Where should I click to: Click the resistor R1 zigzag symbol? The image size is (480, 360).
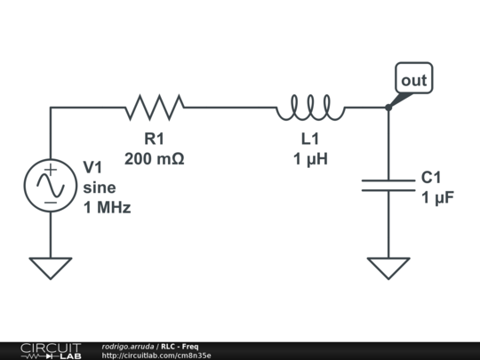click(155, 108)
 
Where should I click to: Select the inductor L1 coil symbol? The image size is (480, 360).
click(310, 108)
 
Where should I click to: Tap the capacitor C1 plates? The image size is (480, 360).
click(388, 185)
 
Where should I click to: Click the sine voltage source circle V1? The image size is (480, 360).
click(51, 186)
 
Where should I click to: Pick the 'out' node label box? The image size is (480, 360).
click(414, 79)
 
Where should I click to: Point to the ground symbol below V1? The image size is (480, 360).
click(51, 267)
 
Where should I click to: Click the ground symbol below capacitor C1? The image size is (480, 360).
click(388, 267)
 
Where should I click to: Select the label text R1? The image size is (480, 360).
click(155, 140)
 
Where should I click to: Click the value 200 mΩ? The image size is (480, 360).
click(155, 159)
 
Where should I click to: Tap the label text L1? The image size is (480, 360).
click(310, 140)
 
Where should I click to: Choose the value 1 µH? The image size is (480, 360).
click(310, 159)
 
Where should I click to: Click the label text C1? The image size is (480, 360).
click(431, 178)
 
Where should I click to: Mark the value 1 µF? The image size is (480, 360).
click(438, 197)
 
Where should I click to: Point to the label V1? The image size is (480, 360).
click(93, 167)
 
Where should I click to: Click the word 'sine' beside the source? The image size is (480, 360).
click(100, 188)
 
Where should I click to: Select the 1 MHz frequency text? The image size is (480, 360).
click(107, 208)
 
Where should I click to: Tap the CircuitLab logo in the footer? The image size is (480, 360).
click(51, 350)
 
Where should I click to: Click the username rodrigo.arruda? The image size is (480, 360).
click(128, 346)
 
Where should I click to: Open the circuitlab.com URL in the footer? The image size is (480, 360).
click(156, 356)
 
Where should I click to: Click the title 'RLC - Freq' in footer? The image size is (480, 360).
click(180, 346)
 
